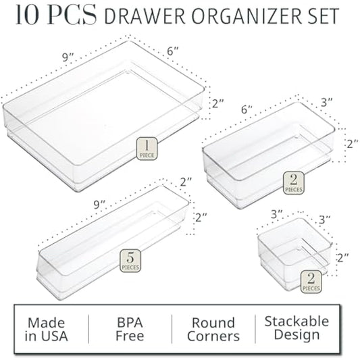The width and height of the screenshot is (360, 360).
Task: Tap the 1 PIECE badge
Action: [x=147, y=147]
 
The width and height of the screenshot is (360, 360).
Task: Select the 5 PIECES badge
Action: [x=130, y=260]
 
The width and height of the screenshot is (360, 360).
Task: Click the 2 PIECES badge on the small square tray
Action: [x=310, y=280]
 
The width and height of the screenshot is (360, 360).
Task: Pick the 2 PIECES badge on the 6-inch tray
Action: [x=294, y=182]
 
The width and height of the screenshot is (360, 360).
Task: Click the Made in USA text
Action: [x=51, y=329]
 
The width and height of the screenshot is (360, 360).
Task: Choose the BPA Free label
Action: [x=130, y=329]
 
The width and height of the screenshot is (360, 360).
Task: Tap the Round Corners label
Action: [x=213, y=330]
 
